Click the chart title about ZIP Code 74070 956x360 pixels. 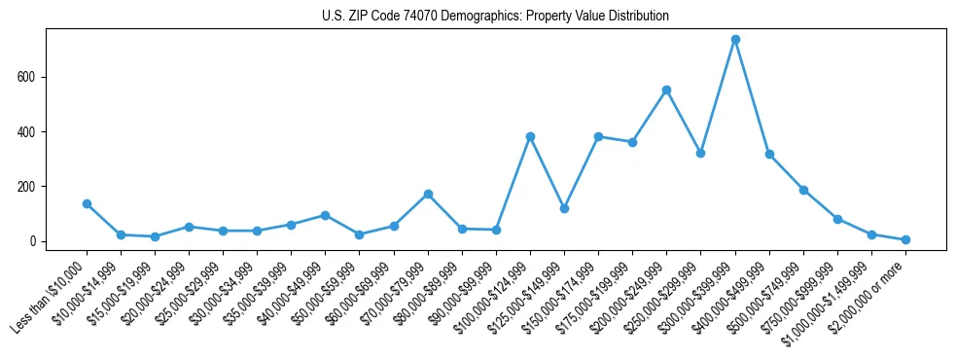click(x=495, y=17)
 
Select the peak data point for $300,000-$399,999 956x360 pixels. click(x=735, y=40)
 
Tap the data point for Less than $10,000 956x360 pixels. click(x=87, y=203)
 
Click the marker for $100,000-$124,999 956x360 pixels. click(x=530, y=136)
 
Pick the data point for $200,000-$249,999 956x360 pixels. click(x=667, y=90)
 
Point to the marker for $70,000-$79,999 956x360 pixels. click(x=428, y=194)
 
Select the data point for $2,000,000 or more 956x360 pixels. click(x=905, y=239)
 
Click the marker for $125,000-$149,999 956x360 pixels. click(x=564, y=208)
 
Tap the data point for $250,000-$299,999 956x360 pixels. click(x=701, y=153)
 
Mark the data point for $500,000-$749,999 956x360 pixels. click(x=803, y=190)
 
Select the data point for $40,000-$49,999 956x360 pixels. click(x=325, y=215)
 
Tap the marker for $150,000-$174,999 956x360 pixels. click(x=598, y=136)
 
